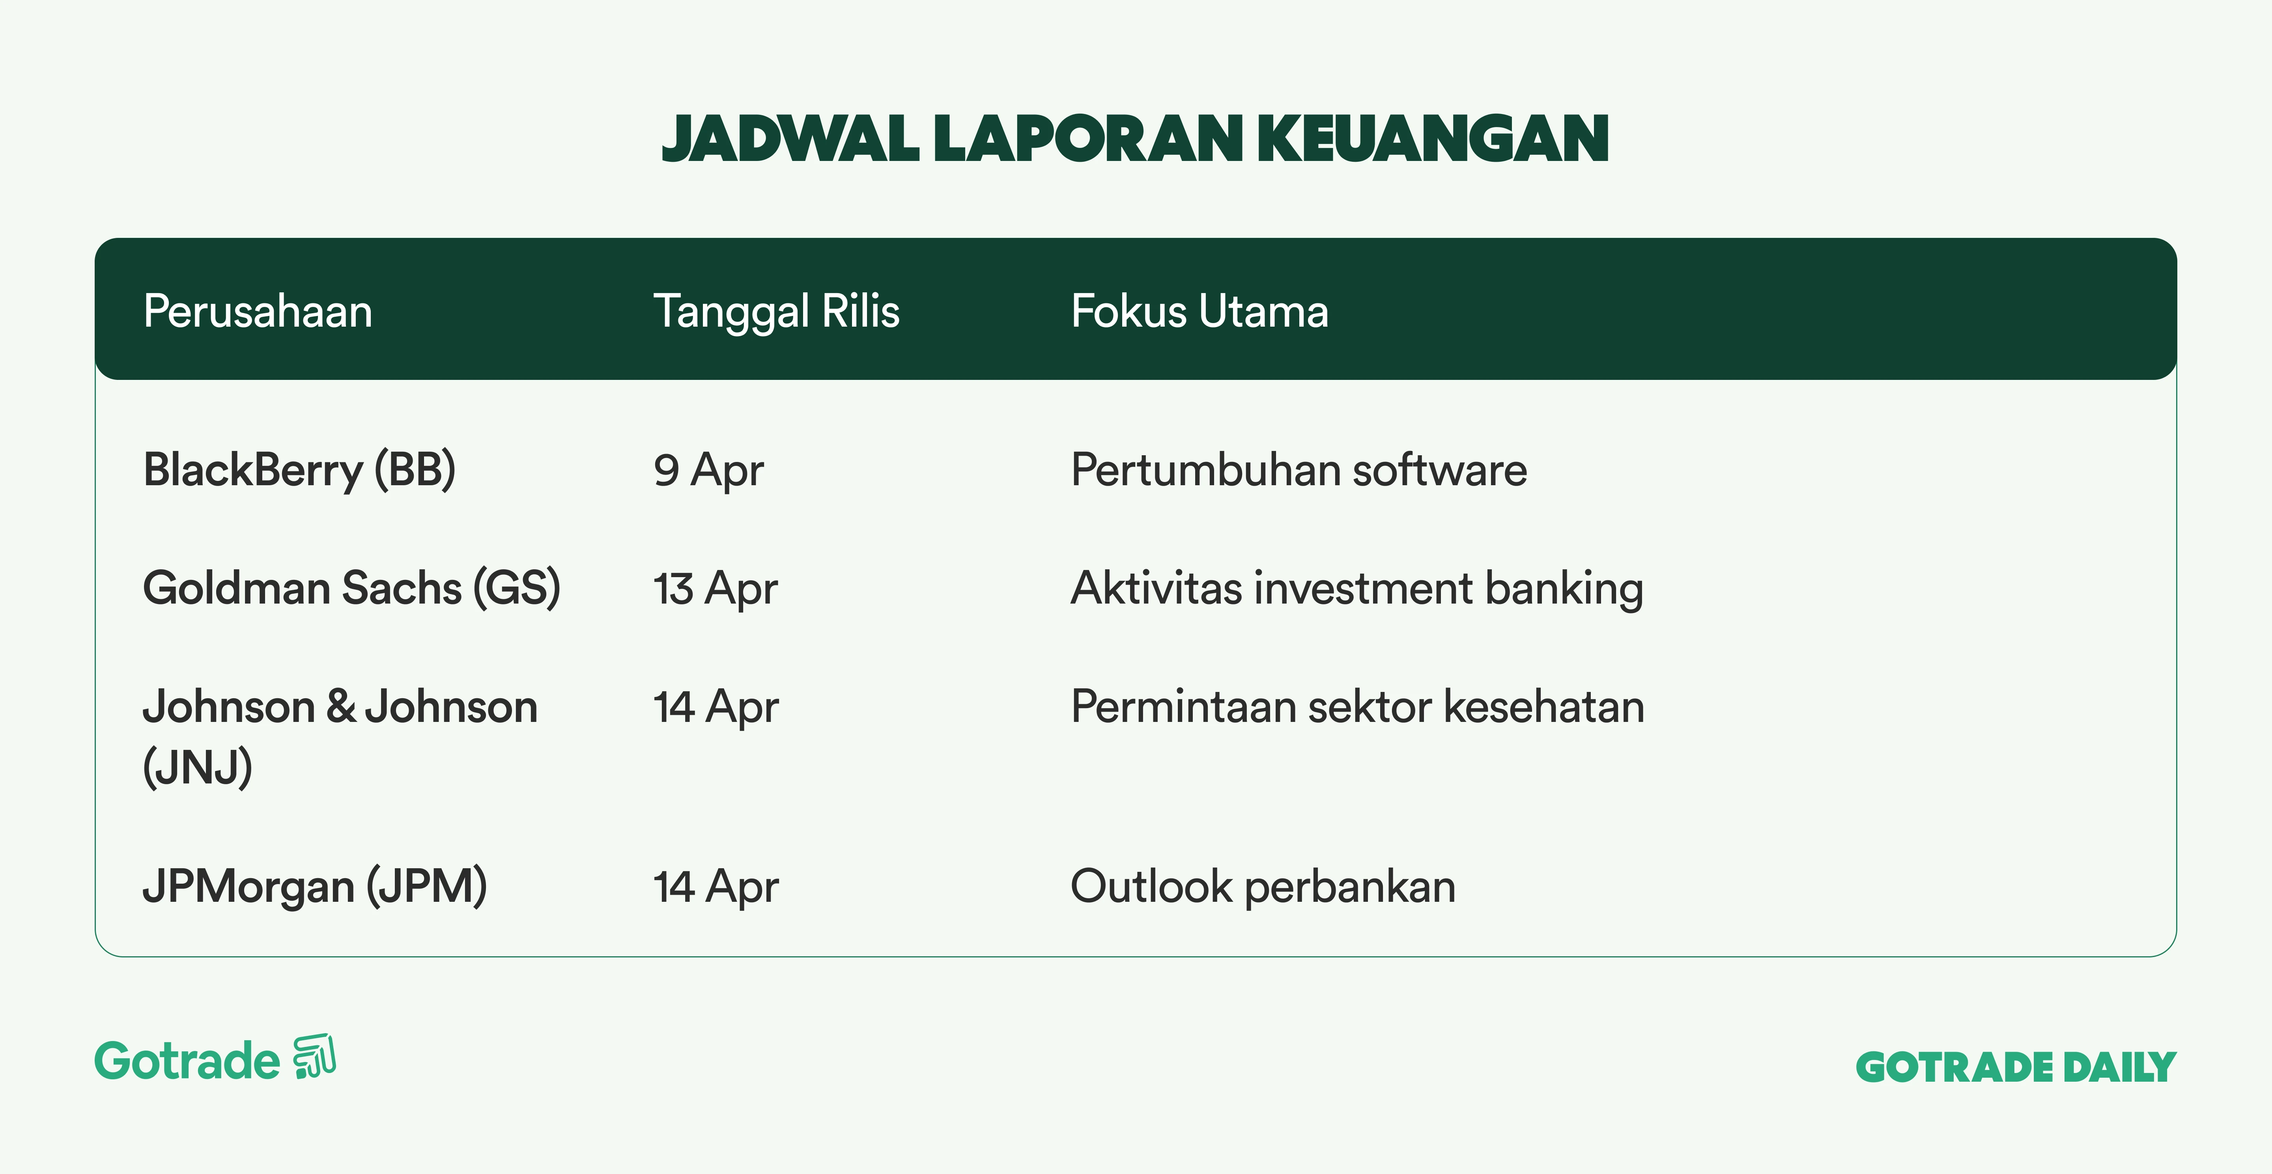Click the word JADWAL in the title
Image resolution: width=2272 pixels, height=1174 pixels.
click(x=790, y=139)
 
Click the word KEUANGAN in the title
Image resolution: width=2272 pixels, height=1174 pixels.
click(x=1433, y=139)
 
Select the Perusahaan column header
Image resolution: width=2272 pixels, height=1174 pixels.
click(x=258, y=311)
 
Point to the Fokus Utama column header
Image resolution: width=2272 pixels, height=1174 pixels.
click(x=1200, y=311)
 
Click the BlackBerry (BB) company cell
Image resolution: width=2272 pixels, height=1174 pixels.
click(x=299, y=470)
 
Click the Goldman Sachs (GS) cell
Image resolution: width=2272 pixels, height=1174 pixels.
click(x=351, y=588)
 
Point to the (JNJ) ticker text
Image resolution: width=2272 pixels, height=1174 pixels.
click(x=198, y=766)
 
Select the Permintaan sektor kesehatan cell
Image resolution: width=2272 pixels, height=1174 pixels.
click(x=1357, y=707)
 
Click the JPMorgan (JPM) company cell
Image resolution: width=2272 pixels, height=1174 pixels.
click(x=315, y=886)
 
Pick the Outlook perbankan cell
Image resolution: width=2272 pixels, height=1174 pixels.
click(x=1263, y=886)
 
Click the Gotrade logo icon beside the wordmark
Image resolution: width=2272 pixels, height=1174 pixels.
click(x=315, y=1056)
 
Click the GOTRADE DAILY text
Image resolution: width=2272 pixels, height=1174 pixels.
click(x=2016, y=1067)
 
